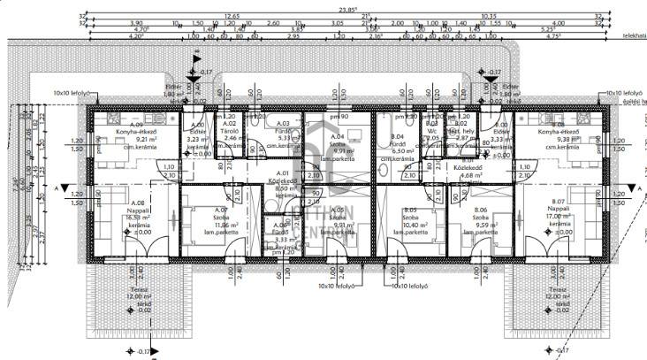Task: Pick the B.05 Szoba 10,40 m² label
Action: (x=409, y=217)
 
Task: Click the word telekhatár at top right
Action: (x=634, y=37)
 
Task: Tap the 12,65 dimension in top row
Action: (x=232, y=16)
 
